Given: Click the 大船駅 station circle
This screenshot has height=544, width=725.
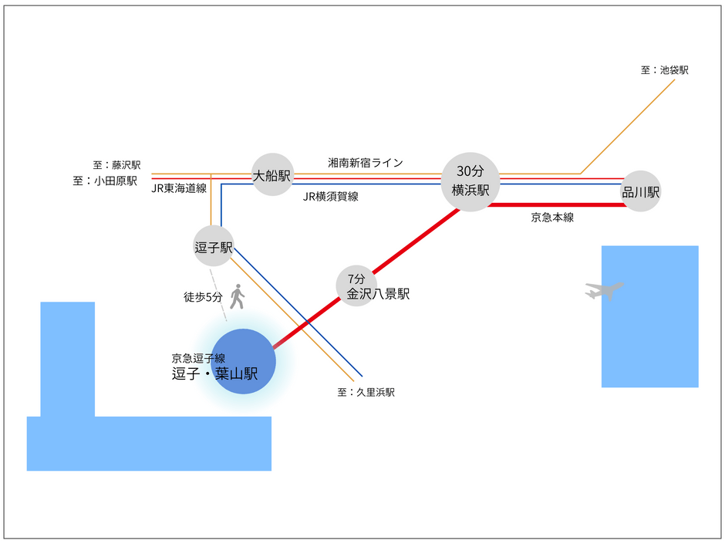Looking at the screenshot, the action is tap(273, 174).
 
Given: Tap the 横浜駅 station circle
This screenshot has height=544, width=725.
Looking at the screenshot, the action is tap(470, 182).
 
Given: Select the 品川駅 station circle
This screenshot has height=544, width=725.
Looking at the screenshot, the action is tap(641, 191).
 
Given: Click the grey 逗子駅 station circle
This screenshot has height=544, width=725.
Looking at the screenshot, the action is tap(214, 246).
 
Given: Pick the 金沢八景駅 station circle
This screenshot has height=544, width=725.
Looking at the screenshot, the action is tap(356, 286).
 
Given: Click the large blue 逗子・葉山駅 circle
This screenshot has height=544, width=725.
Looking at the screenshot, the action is tap(243, 361).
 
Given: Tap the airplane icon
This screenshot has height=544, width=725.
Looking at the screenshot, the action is tap(604, 290).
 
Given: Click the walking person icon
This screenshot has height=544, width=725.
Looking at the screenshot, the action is tap(238, 296).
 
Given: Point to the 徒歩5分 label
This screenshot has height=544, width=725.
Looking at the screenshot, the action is tap(203, 297).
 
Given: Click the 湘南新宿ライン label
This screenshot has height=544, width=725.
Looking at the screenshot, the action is tap(366, 162).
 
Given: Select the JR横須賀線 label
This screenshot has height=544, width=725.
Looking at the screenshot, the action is tap(331, 197).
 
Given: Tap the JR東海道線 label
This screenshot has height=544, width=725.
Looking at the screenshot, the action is tap(179, 188).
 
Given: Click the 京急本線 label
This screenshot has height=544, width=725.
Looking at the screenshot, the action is tap(552, 218).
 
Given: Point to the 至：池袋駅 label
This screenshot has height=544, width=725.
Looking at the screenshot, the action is tap(664, 70).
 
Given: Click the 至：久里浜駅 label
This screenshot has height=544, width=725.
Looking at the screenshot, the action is tap(366, 392).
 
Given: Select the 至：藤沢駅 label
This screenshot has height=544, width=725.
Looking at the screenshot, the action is tap(116, 164).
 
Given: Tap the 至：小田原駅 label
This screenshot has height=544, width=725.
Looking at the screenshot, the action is tap(105, 181).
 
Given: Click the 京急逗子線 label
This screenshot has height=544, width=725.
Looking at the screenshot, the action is tap(198, 358).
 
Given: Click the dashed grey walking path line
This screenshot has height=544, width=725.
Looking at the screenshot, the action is tap(218, 295).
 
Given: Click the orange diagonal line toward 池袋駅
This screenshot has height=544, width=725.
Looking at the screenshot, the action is tap(628, 127).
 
